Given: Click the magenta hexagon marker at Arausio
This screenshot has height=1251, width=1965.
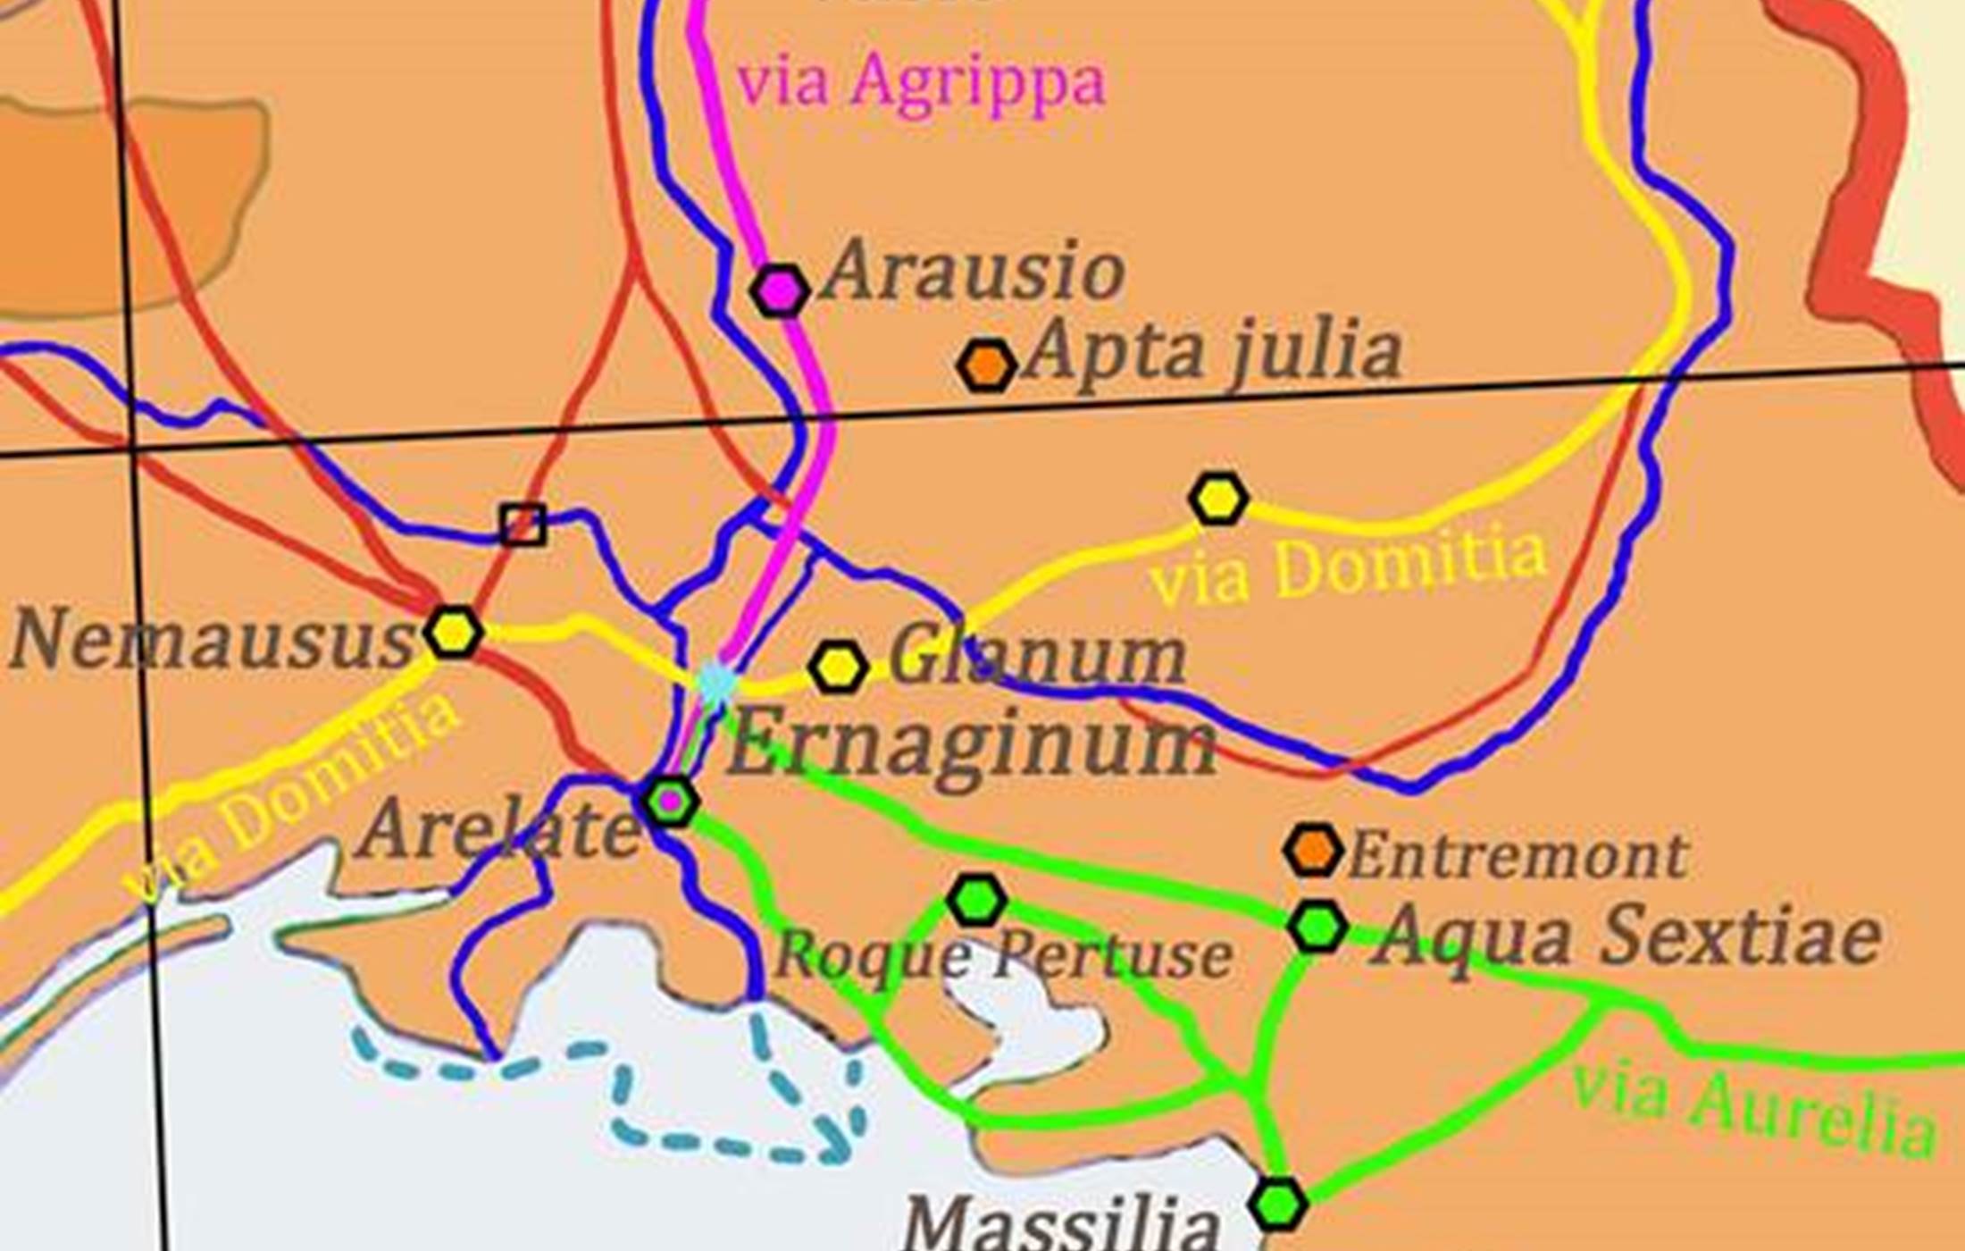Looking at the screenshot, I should point(780,290).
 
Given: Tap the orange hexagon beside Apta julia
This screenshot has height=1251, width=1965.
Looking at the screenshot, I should point(986,365).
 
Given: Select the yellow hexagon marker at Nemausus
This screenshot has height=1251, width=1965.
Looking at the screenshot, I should point(454,632).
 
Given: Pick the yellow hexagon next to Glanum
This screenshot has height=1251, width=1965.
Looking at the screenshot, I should point(837,667).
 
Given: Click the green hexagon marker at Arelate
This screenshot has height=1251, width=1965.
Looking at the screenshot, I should point(670,802).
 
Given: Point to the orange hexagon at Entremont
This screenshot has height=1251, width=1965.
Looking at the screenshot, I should point(1313,849).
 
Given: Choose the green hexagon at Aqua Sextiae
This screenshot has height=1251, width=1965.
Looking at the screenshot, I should point(1317,927).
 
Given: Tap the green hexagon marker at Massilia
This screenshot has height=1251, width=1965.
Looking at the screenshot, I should point(1279,1204).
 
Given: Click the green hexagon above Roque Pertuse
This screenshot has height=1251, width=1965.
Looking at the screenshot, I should point(977,900).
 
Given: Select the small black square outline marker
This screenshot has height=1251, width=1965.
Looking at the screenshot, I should point(523,525).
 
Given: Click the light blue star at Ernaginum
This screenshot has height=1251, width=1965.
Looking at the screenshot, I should point(715,684).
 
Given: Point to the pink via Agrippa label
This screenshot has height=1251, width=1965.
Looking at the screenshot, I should point(920,82).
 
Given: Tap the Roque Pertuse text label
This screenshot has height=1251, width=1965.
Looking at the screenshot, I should point(1004,955).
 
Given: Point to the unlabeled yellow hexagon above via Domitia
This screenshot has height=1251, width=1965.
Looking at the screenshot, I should point(1218,499).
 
